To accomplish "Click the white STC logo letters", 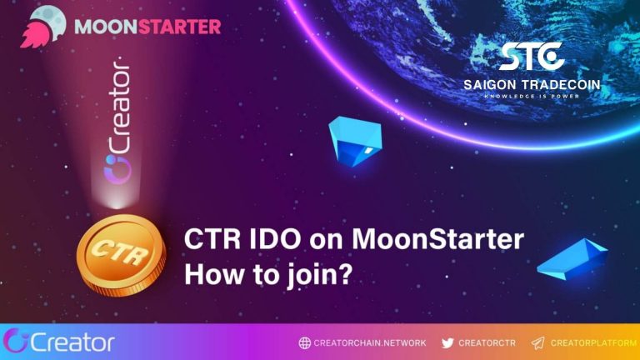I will pyautogui.click(x=531, y=57).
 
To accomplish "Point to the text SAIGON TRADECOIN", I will pyautogui.click(x=532, y=84).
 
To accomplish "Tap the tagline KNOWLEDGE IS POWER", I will pyautogui.click(x=532, y=96).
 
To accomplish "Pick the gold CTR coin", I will pyautogui.click(x=121, y=251).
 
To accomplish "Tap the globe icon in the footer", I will pyautogui.click(x=304, y=342).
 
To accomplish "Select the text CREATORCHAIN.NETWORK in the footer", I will pyautogui.click(x=370, y=342).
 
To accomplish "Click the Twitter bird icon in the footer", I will pyautogui.click(x=447, y=342).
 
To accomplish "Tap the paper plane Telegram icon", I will pyautogui.click(x=537, y=342).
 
